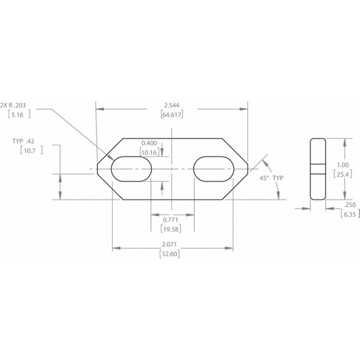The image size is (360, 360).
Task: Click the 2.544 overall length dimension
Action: pos(171,105)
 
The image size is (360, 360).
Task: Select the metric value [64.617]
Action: pos(172,115)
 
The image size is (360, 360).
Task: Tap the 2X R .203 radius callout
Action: pos(13,105)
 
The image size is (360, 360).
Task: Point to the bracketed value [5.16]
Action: pos(19,115)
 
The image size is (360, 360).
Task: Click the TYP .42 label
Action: pos(23,141)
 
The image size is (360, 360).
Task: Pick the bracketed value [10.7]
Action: pos(31,151)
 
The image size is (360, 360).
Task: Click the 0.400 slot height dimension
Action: pos(149,143)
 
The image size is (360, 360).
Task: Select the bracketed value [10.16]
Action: pos(149,152)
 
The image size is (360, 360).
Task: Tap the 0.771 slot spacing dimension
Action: pos(170,220)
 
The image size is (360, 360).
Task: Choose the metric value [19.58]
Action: pos(170,229)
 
